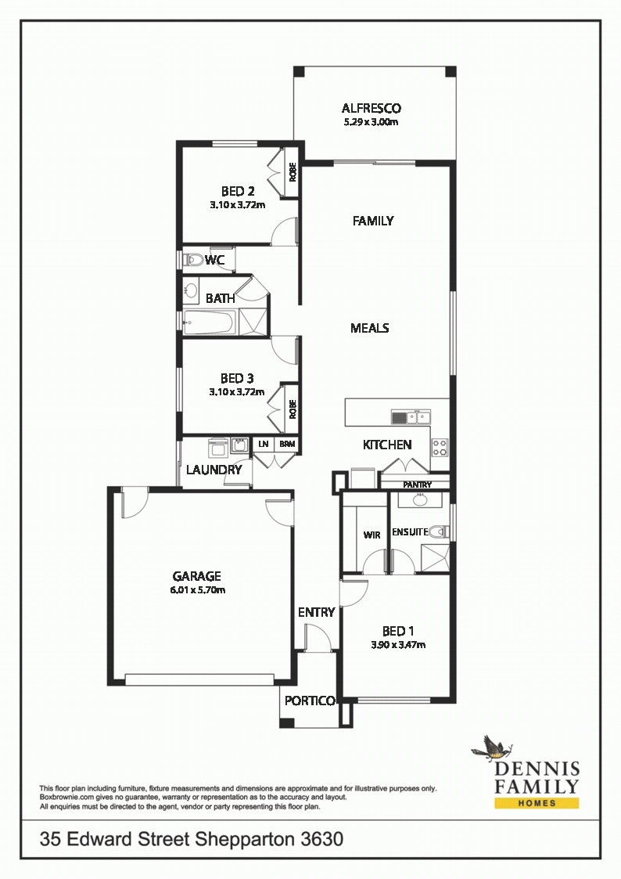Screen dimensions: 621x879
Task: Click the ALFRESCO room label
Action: pyautogui.click(x=372, y=108)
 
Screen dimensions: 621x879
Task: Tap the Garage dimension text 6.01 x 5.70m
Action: pyautogui.click(x=198, y=589)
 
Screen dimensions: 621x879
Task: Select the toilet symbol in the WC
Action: pyautogui.click(x=194, y=260)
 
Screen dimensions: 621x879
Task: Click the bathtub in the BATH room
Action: pyautogui.click(x=208, y=322)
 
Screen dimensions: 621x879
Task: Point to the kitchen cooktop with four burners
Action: pyautogui.click(x=440, y=447)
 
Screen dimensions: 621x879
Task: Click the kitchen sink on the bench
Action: pyautogui.click(x=411, y=417)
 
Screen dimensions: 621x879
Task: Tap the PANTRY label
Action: pyautogui.click(x=417, y=485)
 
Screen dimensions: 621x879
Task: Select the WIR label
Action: pyautogui.click(x=372, y=535)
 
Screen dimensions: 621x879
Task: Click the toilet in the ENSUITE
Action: pyautogui.click(x=439, y=531)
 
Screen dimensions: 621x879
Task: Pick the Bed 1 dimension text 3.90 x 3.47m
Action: pyautogui.click(x=398, y=645)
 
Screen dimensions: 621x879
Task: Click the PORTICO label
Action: pyautogui.click(x=310, y=701)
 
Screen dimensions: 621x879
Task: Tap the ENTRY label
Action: pyautogui.click(x=317, y=612)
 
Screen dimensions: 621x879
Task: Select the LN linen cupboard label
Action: pyautogui.click(x=264, y=444)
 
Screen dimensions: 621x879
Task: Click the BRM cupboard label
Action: pyautogui.click(x=287, y=444)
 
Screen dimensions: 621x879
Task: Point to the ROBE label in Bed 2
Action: pyautogui.click(x=293, y=172)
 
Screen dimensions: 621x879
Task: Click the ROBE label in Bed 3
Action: pyautogui.click(x=293, y=409)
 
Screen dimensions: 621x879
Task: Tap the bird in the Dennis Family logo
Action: pyautogui.click(x=490, y=748)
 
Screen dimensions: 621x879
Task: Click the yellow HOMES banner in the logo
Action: pyautogui.click(x=537, y=803)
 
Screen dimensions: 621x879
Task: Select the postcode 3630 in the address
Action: pyautogui.click(x=322, y=839)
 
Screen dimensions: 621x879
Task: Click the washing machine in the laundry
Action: pyautogui.click(x=217, y=448)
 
